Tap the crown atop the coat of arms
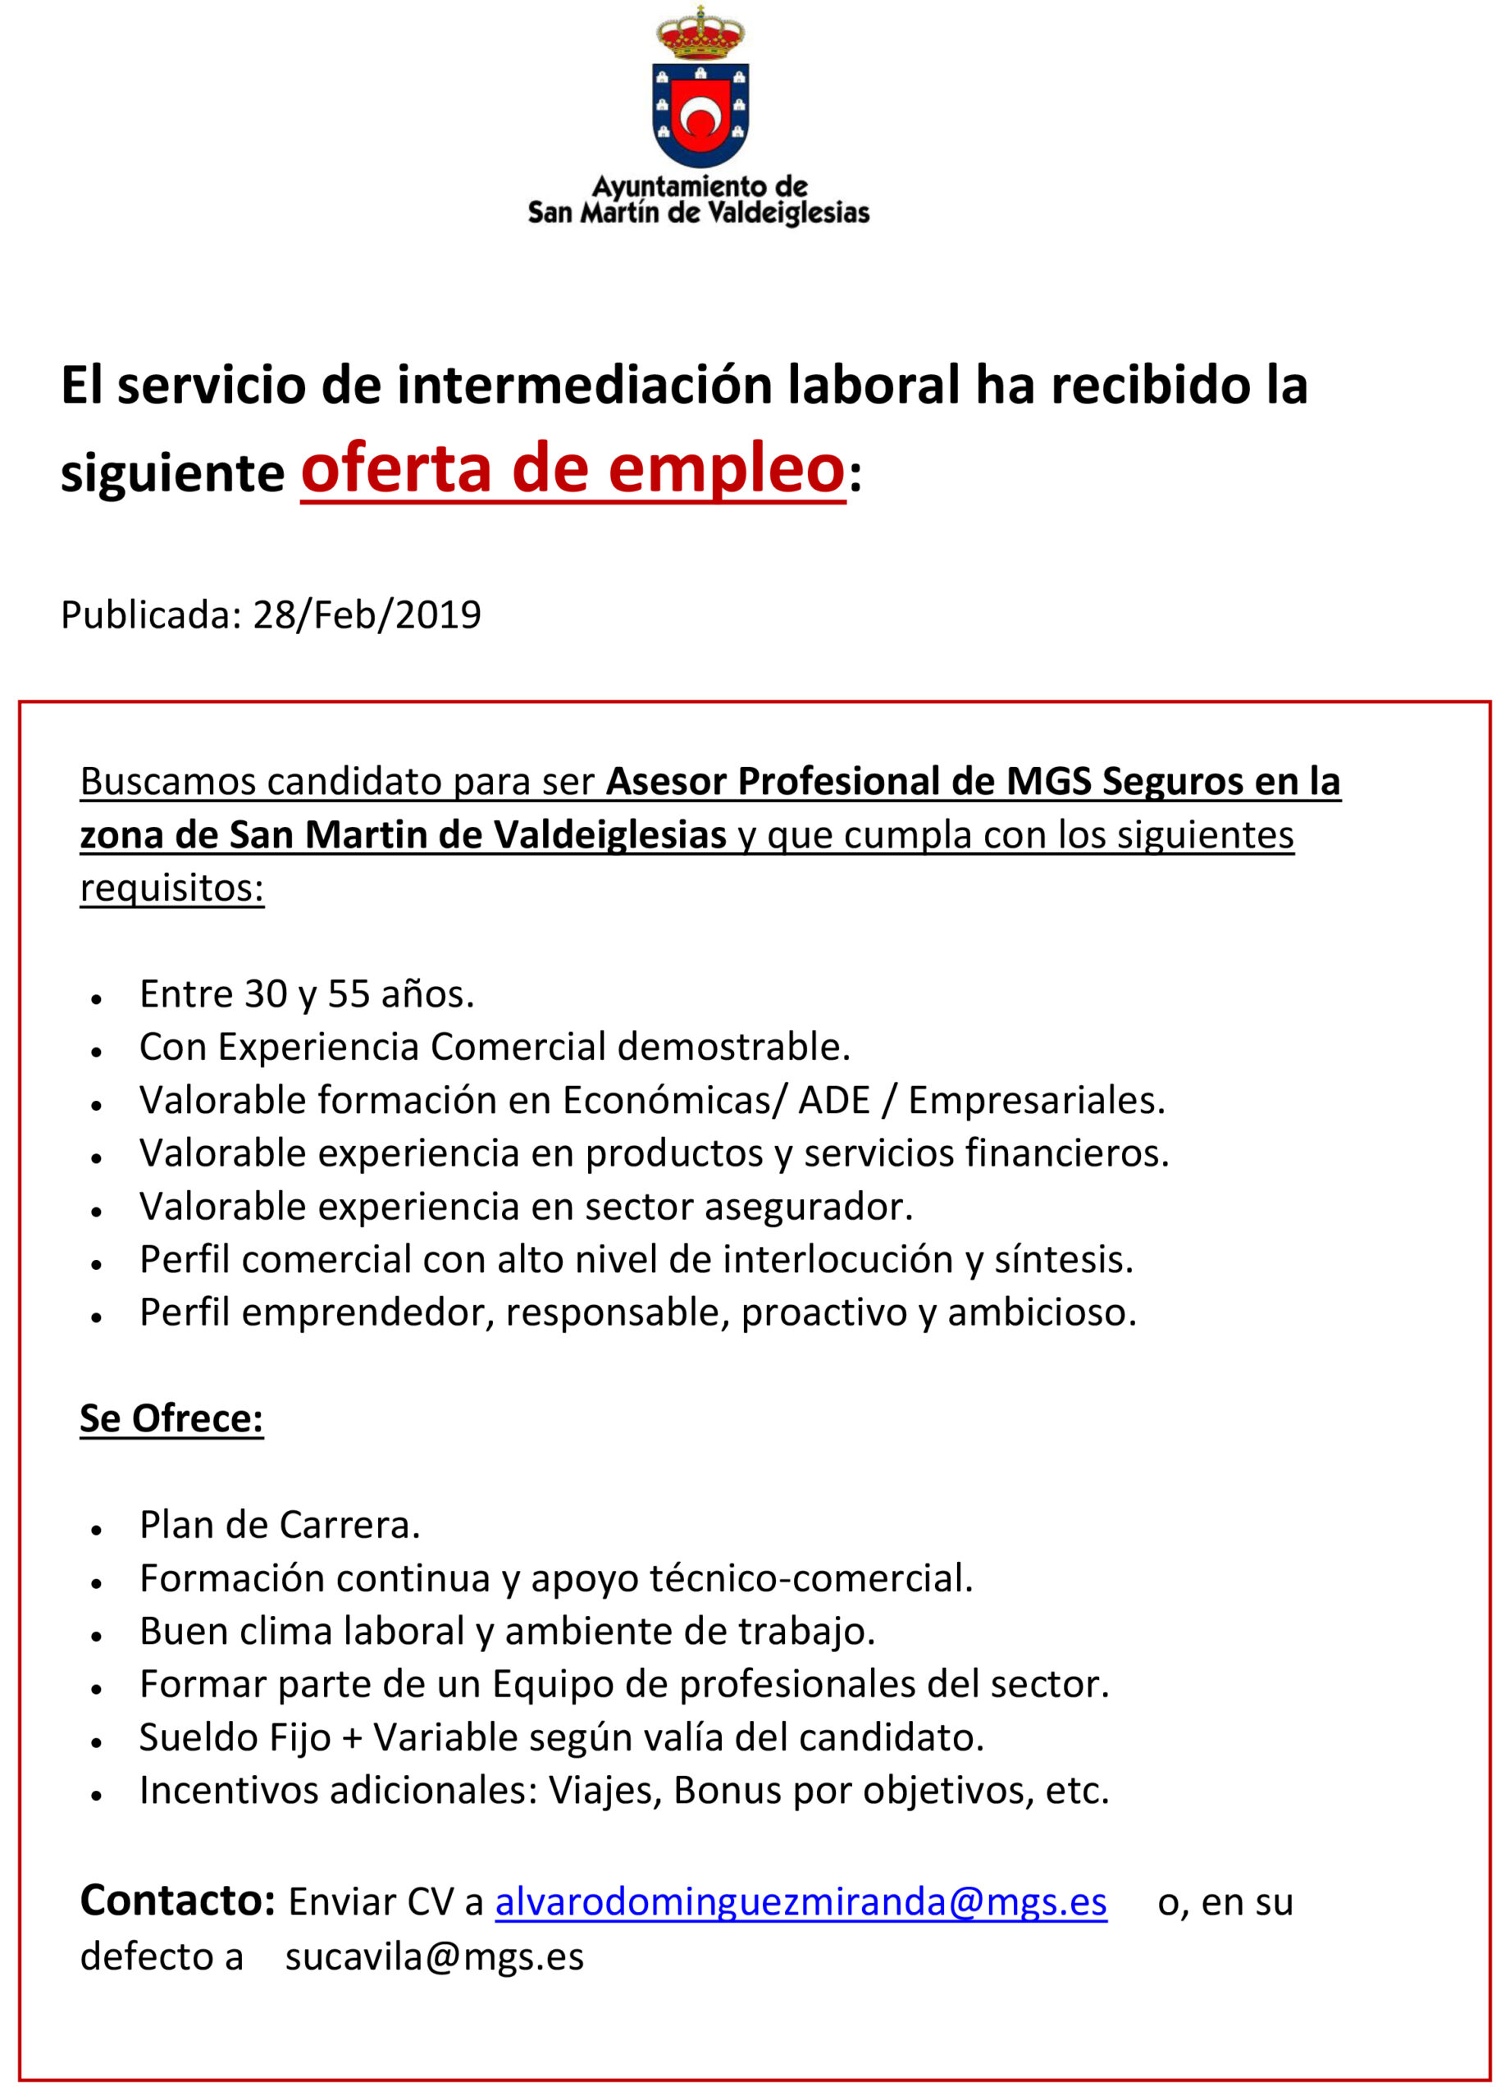click(700, 34)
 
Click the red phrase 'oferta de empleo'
click(573, 469)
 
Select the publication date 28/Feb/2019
click(367, 614)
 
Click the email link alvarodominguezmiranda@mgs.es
click(801, 1901)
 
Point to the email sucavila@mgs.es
click(434, 1956)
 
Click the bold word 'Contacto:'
click(178, 1901)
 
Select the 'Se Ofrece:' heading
click(171, 1418)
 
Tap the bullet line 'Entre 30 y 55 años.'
click(307, 993)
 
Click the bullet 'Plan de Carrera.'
click(280, 1525)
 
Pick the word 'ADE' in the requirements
click(834, 1100)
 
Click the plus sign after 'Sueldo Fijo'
click(351, 1738)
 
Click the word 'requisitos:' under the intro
click(172, 888)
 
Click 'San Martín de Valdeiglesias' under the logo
click(698, 213)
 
